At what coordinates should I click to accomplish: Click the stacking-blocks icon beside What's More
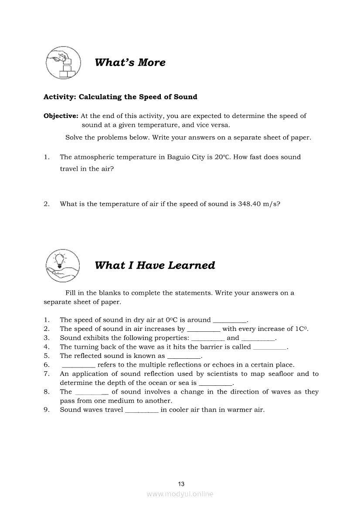tap(63, 63)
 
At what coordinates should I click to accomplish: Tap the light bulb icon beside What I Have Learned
tap(63, 265)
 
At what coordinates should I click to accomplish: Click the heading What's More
tap(130, 62)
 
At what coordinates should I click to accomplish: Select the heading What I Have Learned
tap(155, 265)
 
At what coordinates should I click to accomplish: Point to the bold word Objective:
tap(61, 116)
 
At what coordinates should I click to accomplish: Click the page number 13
tap(181, 484)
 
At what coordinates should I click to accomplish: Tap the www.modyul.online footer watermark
tap(180, 494)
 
